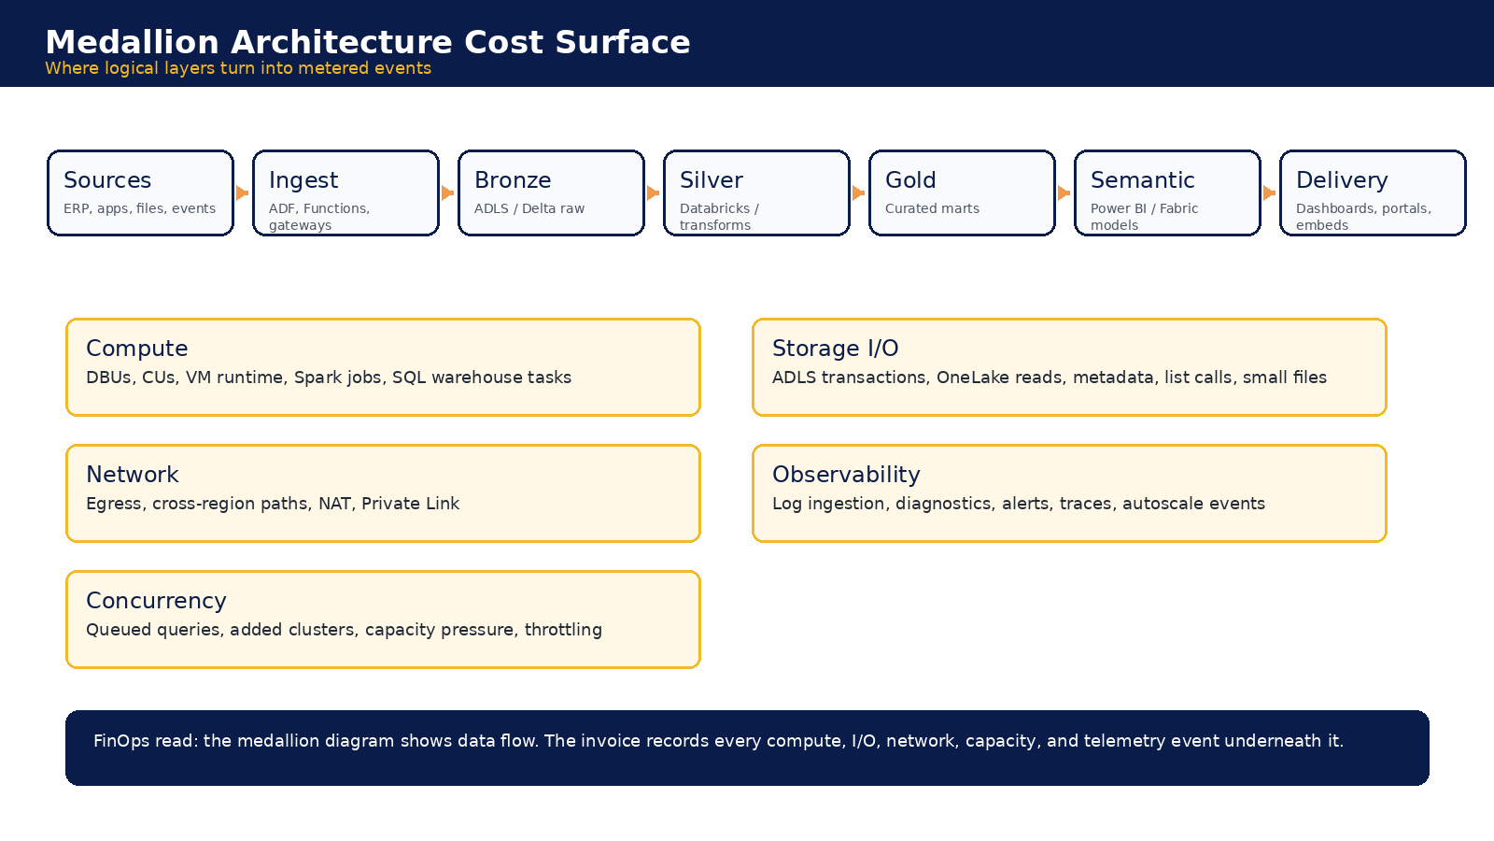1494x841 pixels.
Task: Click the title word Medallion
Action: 132,42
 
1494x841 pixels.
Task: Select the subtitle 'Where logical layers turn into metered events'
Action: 238,68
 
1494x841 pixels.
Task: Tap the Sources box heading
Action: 107,180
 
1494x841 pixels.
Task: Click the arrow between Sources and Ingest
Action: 243,192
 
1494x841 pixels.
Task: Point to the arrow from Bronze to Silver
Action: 654,192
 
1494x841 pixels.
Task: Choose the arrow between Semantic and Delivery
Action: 1270,192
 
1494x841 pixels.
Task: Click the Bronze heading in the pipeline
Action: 513,180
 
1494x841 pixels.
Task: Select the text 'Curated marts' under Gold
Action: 933,208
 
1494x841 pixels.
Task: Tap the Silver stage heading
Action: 711,180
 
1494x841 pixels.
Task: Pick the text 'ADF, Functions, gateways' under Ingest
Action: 318,217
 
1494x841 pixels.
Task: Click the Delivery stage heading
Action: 1342,180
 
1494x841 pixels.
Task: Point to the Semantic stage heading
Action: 1143,180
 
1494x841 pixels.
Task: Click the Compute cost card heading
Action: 136,349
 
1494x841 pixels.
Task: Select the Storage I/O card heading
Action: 835,349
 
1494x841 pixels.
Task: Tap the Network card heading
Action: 132,475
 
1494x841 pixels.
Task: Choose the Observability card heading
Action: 846,475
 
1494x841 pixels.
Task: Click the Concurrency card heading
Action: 156,601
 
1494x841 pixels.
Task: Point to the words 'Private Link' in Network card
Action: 410,504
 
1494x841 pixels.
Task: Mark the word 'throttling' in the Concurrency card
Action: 563,630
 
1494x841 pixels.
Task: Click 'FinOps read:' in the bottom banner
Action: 146,741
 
